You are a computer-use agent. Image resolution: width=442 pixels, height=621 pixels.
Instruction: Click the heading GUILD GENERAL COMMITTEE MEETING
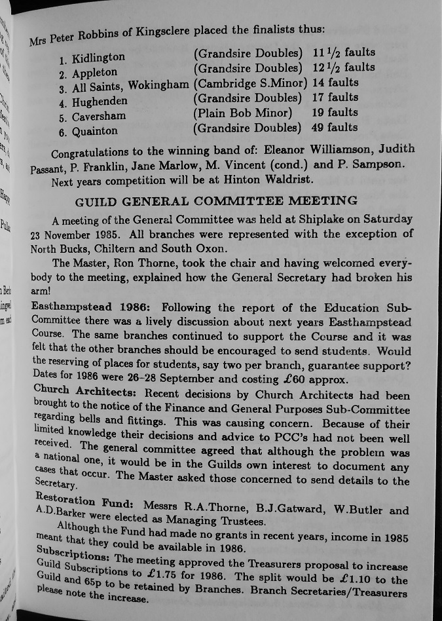(216, 200)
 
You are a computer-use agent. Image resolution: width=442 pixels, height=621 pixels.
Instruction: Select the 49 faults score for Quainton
(335, 128)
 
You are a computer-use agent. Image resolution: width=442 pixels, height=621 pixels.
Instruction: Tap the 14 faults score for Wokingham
(335, 83)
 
